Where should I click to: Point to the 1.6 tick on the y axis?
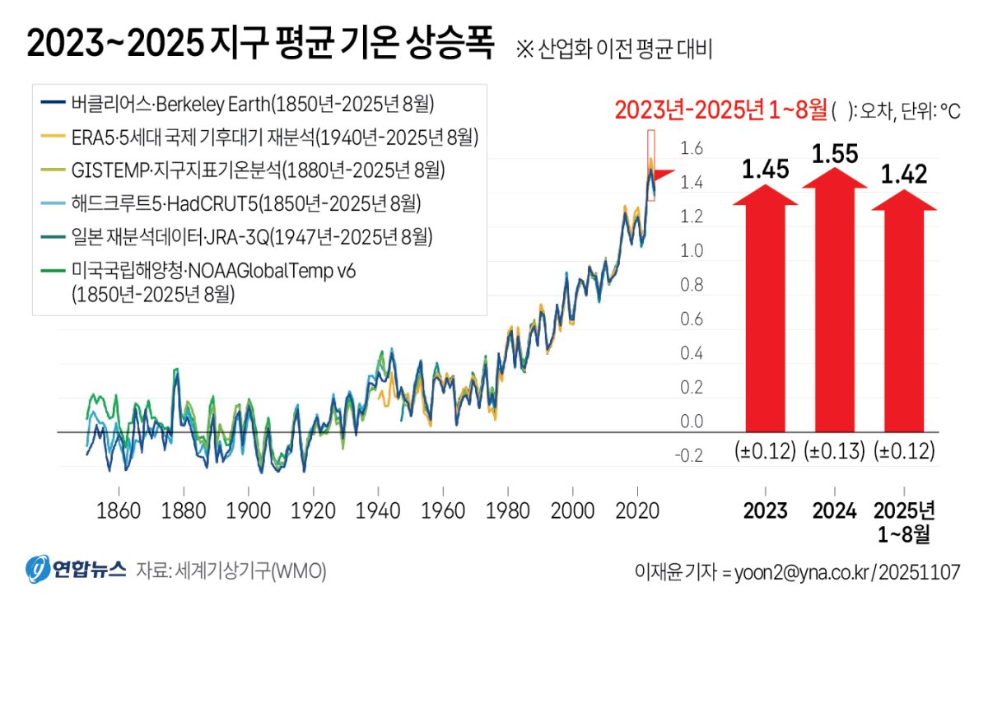point(692,149)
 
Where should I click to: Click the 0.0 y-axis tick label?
point(692,422)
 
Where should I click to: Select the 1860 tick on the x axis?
point(118,510)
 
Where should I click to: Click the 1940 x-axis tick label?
point(378,510)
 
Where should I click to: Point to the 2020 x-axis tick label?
point(638,510)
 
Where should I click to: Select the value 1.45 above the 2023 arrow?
point(766,170)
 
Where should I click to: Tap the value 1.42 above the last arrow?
point(904,175)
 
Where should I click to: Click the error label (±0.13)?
point(835,452)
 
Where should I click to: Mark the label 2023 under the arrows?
point(766,510)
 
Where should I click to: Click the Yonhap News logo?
point(75,570)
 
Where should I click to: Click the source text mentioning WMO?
point(231,571)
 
